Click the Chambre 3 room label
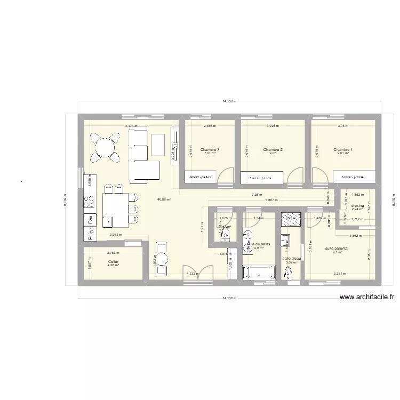pos(210,150)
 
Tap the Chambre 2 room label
pos(273,150)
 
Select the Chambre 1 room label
pos(343,150)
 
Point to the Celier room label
pos(113,262)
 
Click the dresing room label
pos(357,205)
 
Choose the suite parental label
pos(337,249)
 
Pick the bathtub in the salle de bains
pos(259,272)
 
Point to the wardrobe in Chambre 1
pos(354,177)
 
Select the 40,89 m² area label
pos(164,199)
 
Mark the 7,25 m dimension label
pos(257,195)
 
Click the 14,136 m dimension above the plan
pos(229,101)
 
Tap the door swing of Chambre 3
pos(226,175)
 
